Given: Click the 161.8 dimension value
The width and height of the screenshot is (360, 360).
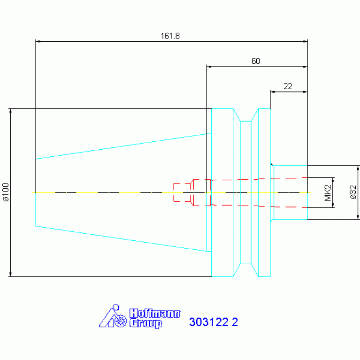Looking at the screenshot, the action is coord(170,36).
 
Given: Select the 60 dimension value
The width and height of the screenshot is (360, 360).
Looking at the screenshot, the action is coord(256,61).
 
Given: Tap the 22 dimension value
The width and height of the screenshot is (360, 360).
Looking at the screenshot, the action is coord(288,86).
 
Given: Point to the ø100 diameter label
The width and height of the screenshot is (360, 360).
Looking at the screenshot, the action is coord(6,192).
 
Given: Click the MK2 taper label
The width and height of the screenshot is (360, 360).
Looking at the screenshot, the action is coord(328,192).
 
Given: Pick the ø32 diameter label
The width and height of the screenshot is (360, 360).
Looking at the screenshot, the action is coord(353,192).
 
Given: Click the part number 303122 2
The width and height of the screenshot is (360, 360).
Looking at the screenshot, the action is coord(213,322).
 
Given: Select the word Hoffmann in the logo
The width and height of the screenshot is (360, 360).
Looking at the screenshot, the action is coord(155,314).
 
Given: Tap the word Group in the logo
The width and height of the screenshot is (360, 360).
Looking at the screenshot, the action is coord(146,323).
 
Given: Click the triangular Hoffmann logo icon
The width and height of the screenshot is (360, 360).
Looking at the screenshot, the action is coord(113,316).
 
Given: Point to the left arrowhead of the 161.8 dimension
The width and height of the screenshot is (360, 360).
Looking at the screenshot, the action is coord(38,42).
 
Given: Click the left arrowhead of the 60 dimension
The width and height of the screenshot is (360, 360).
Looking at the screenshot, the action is coord(209,67).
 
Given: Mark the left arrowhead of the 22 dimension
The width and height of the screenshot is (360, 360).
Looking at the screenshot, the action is coord(273,92).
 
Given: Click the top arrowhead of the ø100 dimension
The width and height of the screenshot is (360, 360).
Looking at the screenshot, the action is coord(10,111).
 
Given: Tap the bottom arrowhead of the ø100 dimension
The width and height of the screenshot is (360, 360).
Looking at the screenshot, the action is coord(10,274).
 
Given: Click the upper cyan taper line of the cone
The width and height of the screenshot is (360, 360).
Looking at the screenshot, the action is coord(123,146).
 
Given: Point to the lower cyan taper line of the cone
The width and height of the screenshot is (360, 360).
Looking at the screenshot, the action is coord(123,239).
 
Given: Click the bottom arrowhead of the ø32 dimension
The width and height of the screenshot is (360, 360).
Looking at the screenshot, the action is coord(358,217).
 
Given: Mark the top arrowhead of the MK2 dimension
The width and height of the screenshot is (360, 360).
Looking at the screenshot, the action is coord(333,180).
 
